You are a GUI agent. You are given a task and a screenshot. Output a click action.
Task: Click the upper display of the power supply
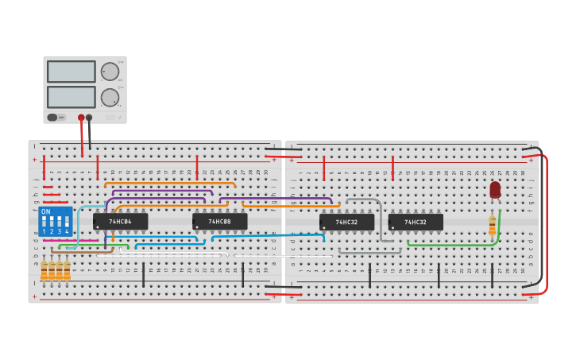point(71,72)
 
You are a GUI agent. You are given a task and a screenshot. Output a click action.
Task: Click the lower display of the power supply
point(71,97)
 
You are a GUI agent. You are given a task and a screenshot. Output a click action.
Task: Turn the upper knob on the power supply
point(109,72)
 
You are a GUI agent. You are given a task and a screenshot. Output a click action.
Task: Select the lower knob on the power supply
point(109,98)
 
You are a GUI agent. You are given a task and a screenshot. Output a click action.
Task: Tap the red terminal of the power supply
point(81,118)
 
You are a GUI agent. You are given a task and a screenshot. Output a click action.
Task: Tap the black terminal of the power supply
point(89,118)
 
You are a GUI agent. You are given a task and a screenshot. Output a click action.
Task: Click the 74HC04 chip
point(120,222)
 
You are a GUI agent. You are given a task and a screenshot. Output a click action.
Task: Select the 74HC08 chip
point(219,222)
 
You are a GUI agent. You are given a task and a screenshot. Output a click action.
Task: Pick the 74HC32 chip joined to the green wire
point(416,223)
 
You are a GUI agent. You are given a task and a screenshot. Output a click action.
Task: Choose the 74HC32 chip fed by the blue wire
point(346,223)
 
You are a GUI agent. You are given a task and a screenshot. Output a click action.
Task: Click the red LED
point(495,189)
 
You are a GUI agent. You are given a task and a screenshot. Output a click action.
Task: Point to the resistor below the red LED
point(493,226)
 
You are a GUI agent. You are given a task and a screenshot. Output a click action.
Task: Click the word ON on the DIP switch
point(45,212)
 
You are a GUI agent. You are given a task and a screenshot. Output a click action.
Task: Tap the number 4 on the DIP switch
point(67,231)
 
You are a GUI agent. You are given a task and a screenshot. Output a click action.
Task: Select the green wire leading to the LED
point(453,245)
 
